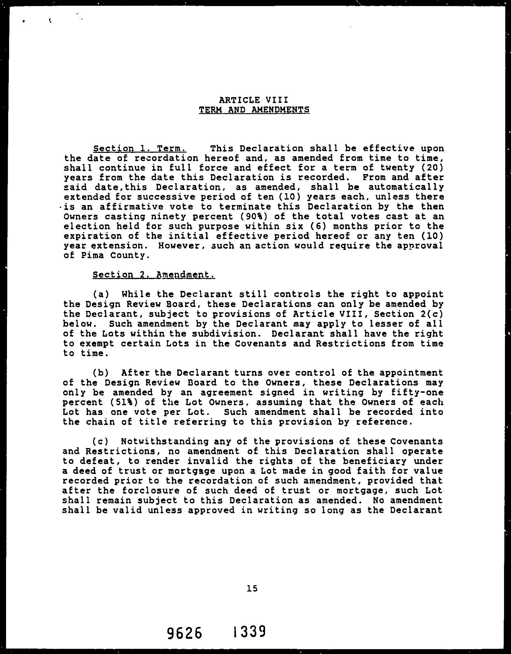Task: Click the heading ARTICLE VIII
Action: (254, 100)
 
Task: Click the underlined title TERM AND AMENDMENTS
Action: (254, 110)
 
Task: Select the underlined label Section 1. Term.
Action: (140, 149)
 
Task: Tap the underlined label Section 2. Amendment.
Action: (154, 275)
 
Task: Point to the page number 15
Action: (252, 588)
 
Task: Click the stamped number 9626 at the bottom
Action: (184, 633)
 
